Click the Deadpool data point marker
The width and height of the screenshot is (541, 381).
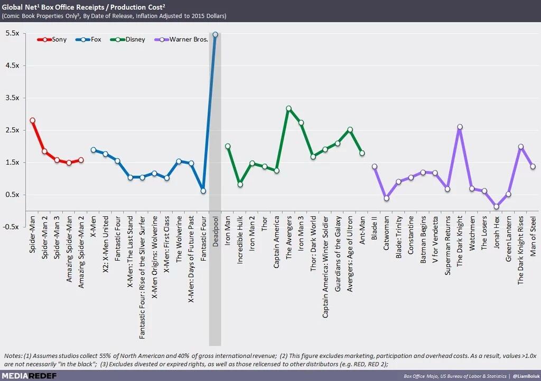click(215, 35)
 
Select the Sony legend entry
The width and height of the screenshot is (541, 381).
click(52, 40)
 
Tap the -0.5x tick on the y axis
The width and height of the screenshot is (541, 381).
click(12, 227)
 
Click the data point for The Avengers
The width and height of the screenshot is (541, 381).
click(289, 109)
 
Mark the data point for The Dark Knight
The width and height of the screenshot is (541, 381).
click(460, 127)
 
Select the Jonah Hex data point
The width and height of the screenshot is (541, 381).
click(496, 207)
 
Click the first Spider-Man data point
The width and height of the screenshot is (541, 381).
click(32, 120)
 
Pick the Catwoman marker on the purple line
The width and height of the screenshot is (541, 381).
click(387, 198)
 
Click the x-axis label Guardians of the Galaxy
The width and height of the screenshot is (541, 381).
click(338, 251)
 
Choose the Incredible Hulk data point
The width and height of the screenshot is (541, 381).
click(240, 184)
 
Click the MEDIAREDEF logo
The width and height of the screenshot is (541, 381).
click(31, 375)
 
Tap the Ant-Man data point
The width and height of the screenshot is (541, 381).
click(362, 153)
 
